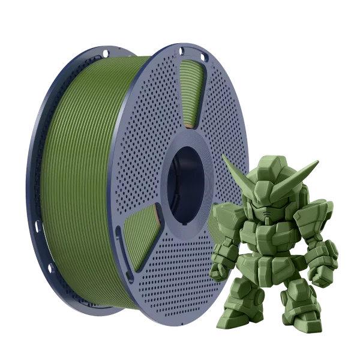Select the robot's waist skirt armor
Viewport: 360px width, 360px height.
tap(270, 270)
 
